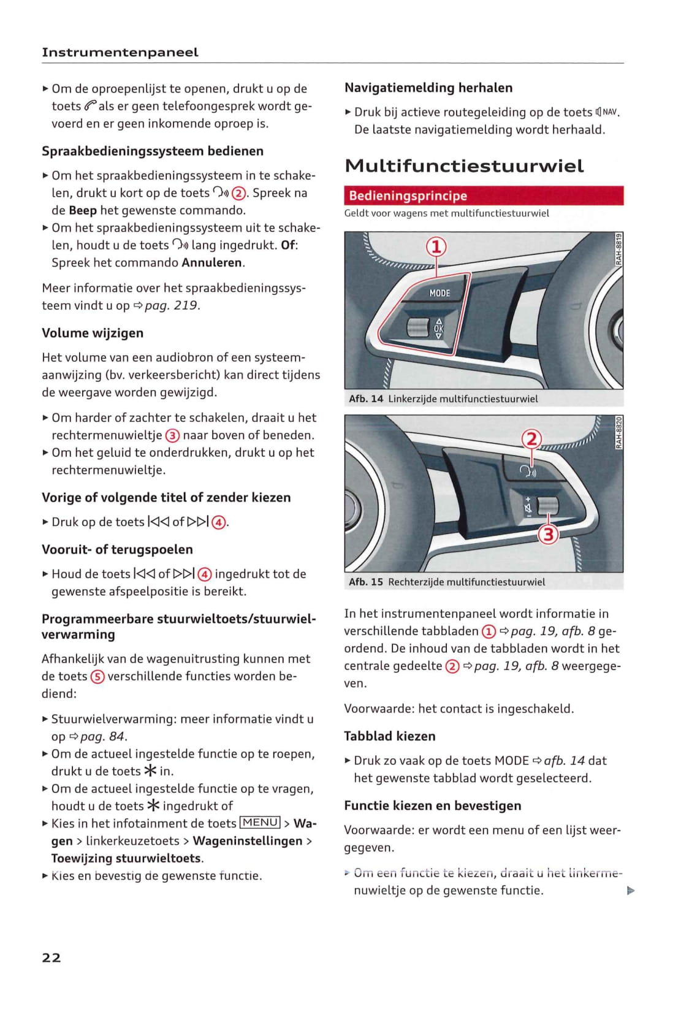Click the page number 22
point(51,958)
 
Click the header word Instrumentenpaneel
point(120,53)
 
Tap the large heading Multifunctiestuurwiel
point(464,166)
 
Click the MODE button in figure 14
point(439,293)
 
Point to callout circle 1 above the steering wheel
point(436,247)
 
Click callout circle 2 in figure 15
point(531,439)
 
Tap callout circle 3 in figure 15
point(548,535)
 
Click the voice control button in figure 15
point(527,471)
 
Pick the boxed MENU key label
point(261,823)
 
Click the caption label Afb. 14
point(366,398)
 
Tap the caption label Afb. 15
point(366,582)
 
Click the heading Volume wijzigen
point(93,333)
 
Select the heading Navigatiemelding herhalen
point(428,88)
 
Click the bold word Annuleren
point(212,262)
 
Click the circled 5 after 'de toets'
point(97,676)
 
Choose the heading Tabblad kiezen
point(390,736)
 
